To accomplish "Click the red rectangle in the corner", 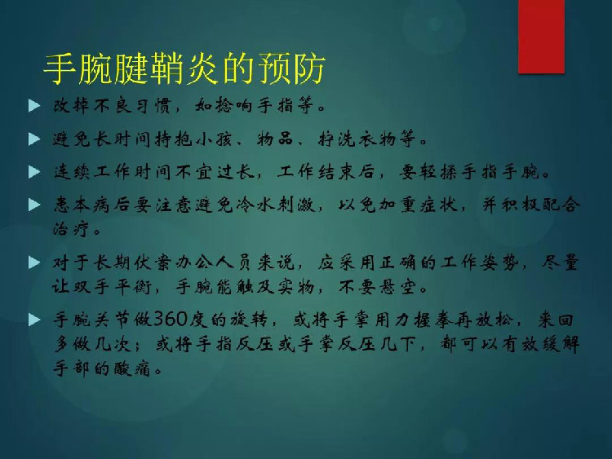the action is [541, 36].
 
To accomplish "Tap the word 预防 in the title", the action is [289, 70].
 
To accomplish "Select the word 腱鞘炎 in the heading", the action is [166, 70].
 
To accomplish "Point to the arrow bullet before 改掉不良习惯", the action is [34, 106].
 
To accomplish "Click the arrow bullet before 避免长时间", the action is [34, 139].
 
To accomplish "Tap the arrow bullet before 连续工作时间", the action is [34, 172].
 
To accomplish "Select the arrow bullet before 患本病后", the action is [34, 205].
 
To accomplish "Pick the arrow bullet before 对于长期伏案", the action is [34, 263].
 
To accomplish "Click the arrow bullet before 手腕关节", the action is [34, 320].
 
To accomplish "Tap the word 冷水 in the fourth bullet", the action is [255, 205].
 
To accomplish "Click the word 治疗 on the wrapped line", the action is [71, 228].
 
